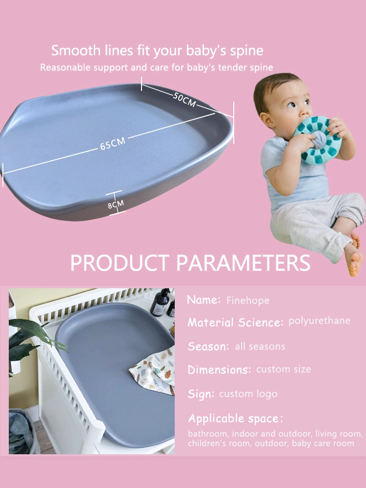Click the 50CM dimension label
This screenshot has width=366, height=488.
pyautogui.click(x=184, y=100)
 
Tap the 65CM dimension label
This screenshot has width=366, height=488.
pyautogui.click(x=113, y=144)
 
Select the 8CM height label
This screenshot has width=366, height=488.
pyautogui.click(x=116, y=204)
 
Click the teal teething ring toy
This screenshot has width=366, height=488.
pyautogui.click(x=317, y=140)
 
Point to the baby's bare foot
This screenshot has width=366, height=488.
pyautogui.click(x=354, y=259)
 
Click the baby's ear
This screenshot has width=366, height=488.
pyautogui.click(x=266, y=119)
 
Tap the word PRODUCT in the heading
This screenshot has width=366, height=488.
pyautogui.click(x=120, y=263)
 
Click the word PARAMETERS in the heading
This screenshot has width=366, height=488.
pyautogui.click(x=243, y=263)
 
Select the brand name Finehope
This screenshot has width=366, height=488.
pyautogui.click(x=248, y=300)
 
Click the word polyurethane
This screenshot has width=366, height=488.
pyautogui.click(x=319, y=321)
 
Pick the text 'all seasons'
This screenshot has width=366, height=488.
pyautogui.click(x=260, y=346)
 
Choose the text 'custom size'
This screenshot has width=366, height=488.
pyautogui.click(x=284, y=369)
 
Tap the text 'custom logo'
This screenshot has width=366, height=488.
pyautogui.click(x=248, y=394)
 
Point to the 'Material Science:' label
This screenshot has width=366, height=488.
pyautogui.click(x=235, y=322)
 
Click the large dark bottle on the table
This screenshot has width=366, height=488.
pyautogui.click(x=161, y=302)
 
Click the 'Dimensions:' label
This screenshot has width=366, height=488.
pyautogui.click(x=219, y=370)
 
